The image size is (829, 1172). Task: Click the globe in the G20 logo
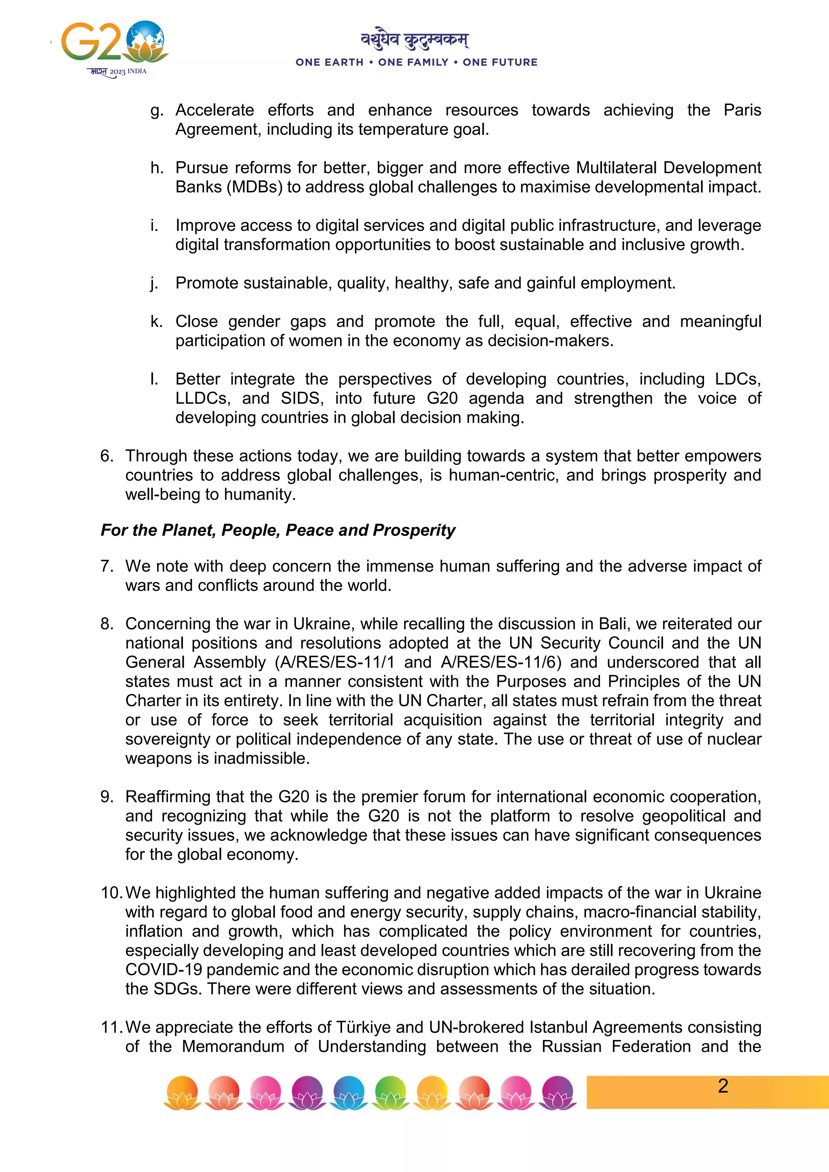click(146, 38)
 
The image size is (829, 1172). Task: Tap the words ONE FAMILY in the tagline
click(413, 62)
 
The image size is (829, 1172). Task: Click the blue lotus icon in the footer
click(349, 1092)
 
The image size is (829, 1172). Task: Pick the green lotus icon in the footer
click(391, 1092)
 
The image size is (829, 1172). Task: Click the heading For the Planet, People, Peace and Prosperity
click(278, 530)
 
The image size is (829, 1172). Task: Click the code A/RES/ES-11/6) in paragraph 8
click(501, 662)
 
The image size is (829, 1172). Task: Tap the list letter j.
click(154, 283)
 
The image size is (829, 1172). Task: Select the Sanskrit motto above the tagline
click(414, 39)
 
